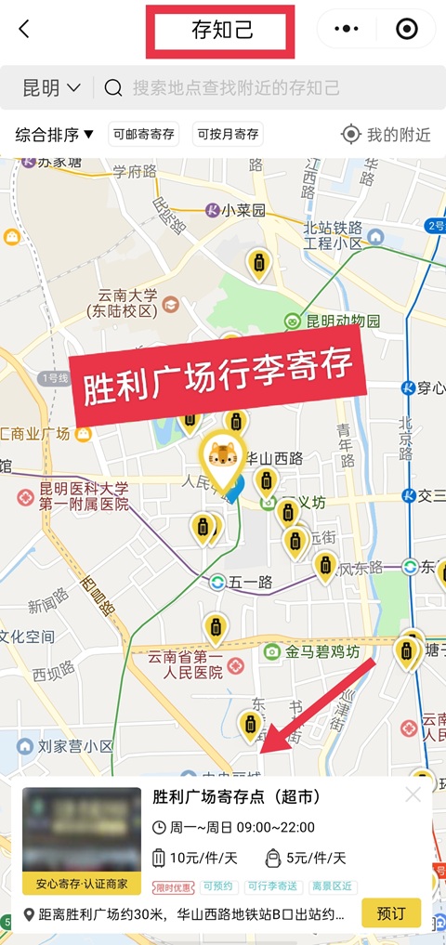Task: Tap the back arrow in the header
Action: point(24,29)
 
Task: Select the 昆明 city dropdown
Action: point(51,88)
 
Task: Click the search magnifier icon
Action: point(113,88)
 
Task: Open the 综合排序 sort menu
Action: point(55,135)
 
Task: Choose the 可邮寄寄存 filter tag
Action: point(144,135)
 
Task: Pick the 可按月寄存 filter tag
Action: point(228,135)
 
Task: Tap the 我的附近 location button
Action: point(387,135)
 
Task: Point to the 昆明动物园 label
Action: point(343,321)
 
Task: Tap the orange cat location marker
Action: point(221,457)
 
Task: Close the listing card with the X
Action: point(413,795)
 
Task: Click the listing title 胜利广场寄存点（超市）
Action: point(236,797)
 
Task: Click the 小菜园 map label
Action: point(243,210)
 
